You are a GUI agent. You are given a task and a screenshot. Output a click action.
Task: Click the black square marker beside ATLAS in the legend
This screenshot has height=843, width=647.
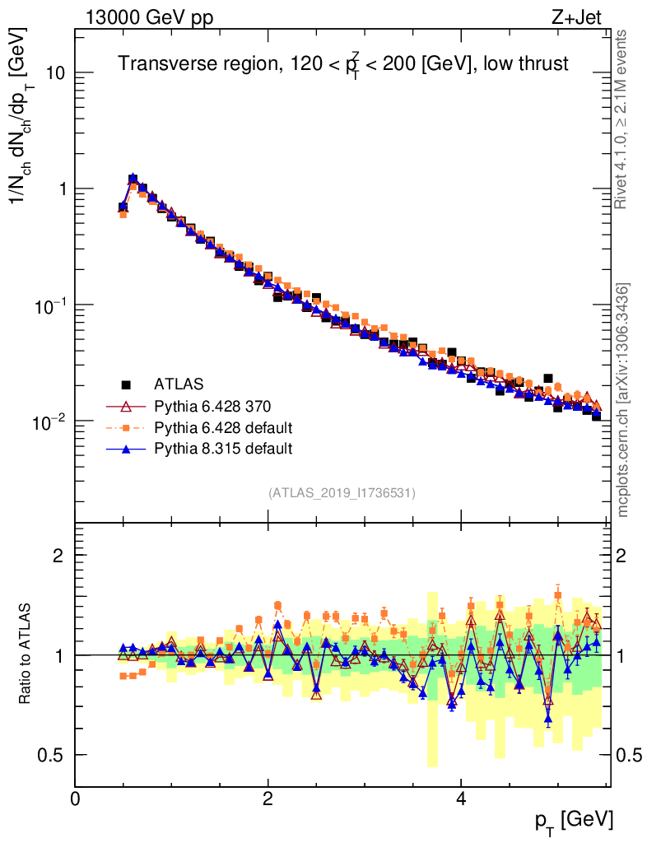click(x=126, y=384)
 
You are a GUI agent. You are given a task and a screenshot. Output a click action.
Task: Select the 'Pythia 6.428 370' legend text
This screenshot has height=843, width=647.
click(x=212, y=406)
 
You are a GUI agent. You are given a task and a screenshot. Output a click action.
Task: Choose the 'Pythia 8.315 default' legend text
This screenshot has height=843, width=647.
click(x=224, y=449)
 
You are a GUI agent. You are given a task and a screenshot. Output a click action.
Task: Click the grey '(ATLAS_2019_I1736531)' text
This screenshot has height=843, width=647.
click(x=342, y=493)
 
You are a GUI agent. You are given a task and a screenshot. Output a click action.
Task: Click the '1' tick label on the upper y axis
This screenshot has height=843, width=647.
click(x=59, y=189)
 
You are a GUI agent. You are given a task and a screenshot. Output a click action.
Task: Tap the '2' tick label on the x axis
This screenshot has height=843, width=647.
click(x=268, y=799)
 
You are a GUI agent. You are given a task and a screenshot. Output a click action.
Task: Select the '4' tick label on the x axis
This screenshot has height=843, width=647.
click(x=461, y=799)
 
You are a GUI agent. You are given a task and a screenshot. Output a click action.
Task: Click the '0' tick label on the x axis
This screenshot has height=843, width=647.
click(x=75, y=799)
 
